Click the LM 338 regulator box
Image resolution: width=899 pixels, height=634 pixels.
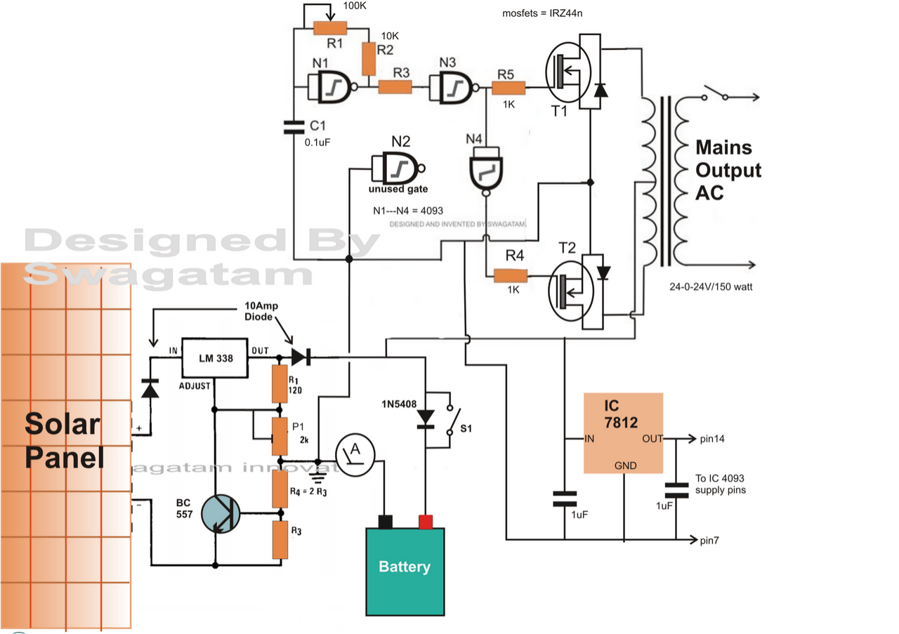tap(215, 358)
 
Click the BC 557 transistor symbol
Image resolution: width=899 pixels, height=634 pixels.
tap(220, 514)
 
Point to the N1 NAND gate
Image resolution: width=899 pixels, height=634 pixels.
tap(331, 88)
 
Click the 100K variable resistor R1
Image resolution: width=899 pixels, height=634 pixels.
tap(329, 27)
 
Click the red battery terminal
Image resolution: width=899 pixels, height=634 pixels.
tap(425, 521)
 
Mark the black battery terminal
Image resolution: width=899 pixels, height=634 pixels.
tap(385, 521)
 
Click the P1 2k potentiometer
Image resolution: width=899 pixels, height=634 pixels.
tap(280, 435)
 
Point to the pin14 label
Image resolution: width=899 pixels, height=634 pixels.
tap(712, 439)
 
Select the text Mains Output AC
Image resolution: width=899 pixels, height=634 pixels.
tap(728, 170)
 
